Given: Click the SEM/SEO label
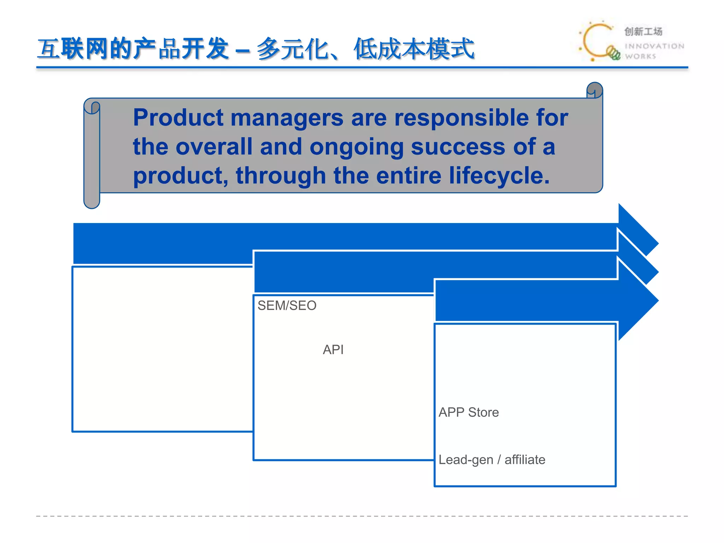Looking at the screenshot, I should coord(287,305).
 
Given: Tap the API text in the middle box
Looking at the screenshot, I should coord(333,350).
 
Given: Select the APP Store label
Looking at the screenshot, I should coord(468,412).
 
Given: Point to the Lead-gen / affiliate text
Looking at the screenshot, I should coord(492,460).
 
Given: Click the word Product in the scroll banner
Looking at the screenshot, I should coord(178,118).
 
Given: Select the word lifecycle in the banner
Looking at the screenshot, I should coord(499,176).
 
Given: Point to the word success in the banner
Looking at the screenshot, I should coord(458,147).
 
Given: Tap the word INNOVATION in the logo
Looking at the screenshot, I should coord(654,46).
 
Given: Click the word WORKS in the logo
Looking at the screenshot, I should coord(640,57).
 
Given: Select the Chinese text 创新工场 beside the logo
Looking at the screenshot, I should coord(643,31).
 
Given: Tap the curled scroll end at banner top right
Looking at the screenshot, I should coord(595,90).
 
